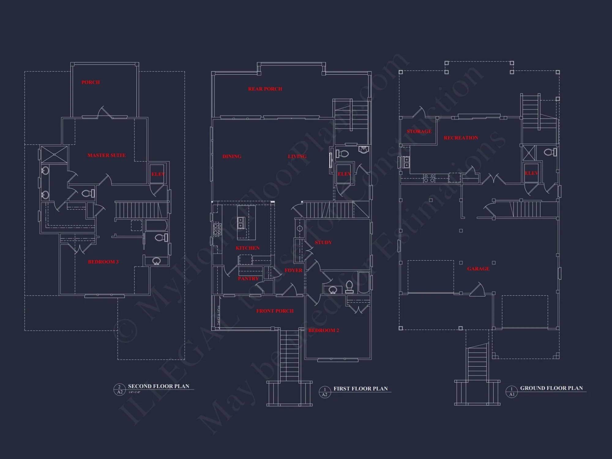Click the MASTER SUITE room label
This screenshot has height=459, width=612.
tap(106, 155)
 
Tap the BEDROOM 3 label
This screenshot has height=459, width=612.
tap(103, 262)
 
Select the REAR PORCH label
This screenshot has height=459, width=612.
tap(265, 89)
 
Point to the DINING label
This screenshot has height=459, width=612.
tap(232, 157)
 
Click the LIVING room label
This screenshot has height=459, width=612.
tap(297, 157)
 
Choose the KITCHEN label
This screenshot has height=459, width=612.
tap(248, 248)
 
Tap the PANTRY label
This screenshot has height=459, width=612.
tap(248, 279)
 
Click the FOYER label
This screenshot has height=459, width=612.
tap(293, 271)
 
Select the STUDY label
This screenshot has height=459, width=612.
tap(323, 243)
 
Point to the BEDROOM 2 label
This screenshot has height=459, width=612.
tap(323, 330)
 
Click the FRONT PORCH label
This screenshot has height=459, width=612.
tap(275, 311)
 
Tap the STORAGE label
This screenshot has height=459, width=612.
tap(419, 132)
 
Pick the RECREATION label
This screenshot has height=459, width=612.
tap(461, 138)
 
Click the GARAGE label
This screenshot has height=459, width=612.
tap(478, 269)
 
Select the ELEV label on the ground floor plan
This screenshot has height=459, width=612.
tap(531, 173)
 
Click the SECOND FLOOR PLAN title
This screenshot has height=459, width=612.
tap(159, 386)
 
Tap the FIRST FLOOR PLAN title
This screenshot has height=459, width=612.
tap(360, 389)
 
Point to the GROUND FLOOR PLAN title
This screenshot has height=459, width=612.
tap(551, 388)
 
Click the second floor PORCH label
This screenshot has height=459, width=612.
tap(91, 82)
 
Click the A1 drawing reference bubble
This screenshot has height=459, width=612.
tap(512, 392)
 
